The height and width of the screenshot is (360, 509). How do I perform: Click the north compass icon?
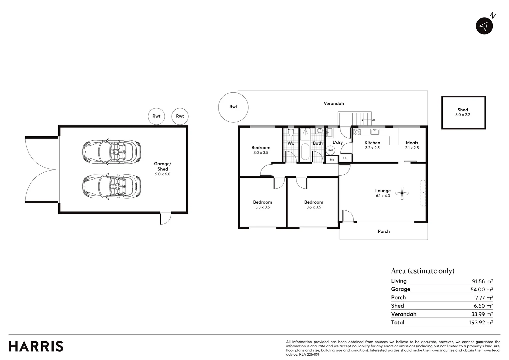click(x=484, y=26)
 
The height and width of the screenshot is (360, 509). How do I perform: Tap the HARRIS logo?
click(x=36, y=346)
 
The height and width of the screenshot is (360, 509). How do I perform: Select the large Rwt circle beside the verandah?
click(x=233, y=107)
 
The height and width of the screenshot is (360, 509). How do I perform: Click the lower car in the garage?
click(x=111, y=187)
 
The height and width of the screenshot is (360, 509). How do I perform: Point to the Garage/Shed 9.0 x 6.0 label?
click(x=163, y=169)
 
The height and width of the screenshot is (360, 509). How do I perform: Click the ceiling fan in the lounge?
click(x=402, y=193)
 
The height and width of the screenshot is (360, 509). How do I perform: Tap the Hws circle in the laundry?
click(x=330, y=150)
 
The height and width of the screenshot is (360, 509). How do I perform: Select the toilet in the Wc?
click(x=291, y=132)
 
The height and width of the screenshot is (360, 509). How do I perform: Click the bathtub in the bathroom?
click(x=305, y=152)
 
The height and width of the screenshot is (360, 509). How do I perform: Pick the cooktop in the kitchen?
click(x=357, y=132)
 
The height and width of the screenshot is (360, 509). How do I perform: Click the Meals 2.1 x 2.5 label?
click(x=412, y=145)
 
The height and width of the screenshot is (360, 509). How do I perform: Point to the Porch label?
click(x=384, y=231)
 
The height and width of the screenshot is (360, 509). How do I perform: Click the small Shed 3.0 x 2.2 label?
click(x=463, y=112)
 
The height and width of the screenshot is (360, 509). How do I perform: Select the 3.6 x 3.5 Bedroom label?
click(x=313, y=204)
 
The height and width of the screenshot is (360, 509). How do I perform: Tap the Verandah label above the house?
click(x=334, y=103)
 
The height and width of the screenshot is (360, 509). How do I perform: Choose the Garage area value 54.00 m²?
click(x=482, y=289)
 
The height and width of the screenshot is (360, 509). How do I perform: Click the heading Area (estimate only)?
click(x=422, y=271)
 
